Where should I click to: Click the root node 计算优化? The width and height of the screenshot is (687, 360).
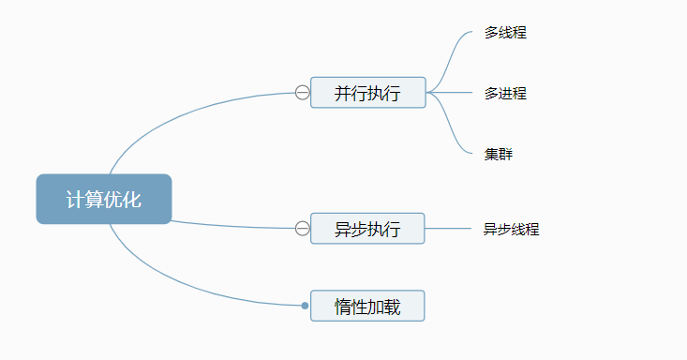104,199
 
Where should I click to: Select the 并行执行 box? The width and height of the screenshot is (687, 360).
367,93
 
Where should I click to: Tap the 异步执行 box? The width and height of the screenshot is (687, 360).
367,228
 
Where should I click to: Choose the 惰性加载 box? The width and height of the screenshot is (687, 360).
367,306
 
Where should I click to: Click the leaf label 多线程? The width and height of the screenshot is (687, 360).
505,33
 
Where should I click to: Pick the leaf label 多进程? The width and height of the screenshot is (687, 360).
505,93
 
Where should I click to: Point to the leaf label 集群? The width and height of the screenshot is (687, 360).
498,154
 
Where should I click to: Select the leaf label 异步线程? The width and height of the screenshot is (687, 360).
511,228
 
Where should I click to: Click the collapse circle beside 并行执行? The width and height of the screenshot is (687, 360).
302,92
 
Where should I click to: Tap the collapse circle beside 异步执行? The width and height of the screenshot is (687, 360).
302,228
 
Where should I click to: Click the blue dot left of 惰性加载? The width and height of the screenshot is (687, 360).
306,306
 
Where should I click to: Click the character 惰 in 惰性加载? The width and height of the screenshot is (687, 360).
342,307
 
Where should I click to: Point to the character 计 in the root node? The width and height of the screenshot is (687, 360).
75,200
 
